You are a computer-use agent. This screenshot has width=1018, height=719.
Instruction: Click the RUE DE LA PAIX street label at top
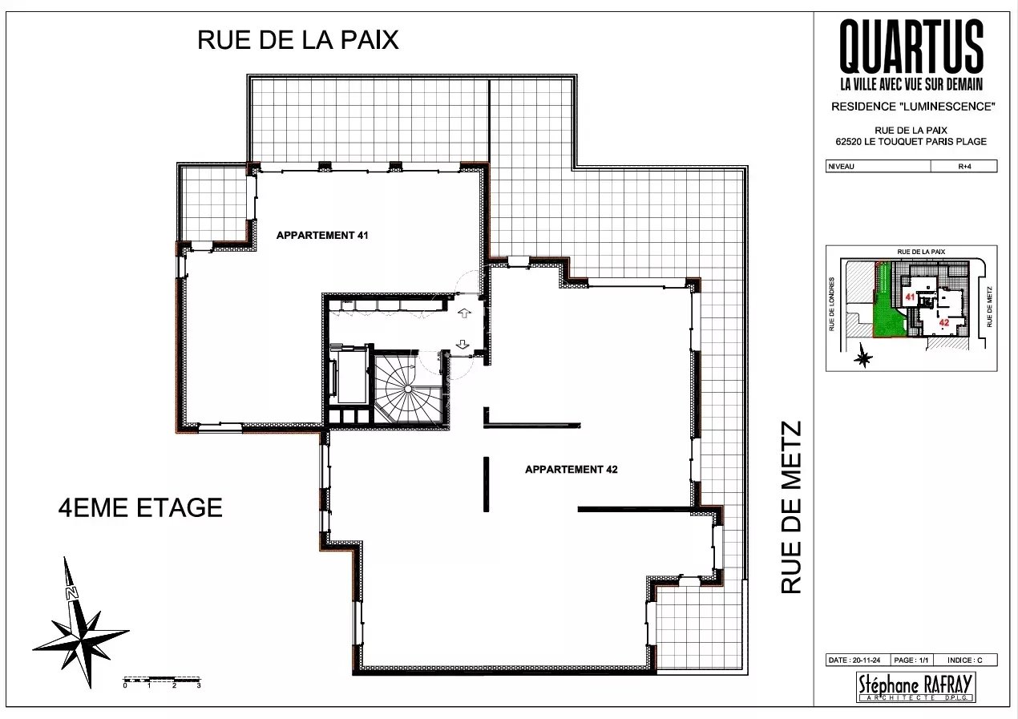[298, 40]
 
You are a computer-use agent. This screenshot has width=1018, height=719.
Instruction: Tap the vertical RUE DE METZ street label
[791, 507]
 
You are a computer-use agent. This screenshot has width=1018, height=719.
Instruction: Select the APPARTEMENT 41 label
[322, 236]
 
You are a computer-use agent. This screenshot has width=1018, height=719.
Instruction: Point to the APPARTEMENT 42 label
[572, 470]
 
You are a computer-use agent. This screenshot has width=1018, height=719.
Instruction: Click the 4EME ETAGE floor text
[140, 507]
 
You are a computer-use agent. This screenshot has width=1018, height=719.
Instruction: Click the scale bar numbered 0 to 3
[162, 682]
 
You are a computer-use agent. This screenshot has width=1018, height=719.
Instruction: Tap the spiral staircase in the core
[408, 389]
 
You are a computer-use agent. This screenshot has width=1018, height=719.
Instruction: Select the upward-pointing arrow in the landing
[464, 313]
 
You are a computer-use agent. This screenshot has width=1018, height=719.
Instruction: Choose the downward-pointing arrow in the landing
[463, 344]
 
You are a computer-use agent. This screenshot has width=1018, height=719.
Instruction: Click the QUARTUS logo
[911, 55]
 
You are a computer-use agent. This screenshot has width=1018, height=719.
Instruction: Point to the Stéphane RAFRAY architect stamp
[915, 687]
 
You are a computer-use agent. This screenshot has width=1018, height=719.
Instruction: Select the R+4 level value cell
[964, 167]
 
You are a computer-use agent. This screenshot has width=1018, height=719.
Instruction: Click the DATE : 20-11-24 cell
[857, 660]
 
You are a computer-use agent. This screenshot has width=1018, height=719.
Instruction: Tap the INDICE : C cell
[965, 660]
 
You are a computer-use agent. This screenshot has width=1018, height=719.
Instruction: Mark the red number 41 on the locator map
[910, 297]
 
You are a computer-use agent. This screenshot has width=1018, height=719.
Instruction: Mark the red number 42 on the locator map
[944, 323]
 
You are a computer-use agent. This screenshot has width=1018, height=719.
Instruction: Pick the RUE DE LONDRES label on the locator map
[832, 304]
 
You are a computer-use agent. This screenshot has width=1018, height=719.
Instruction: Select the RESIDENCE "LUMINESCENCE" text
[913, 107]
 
